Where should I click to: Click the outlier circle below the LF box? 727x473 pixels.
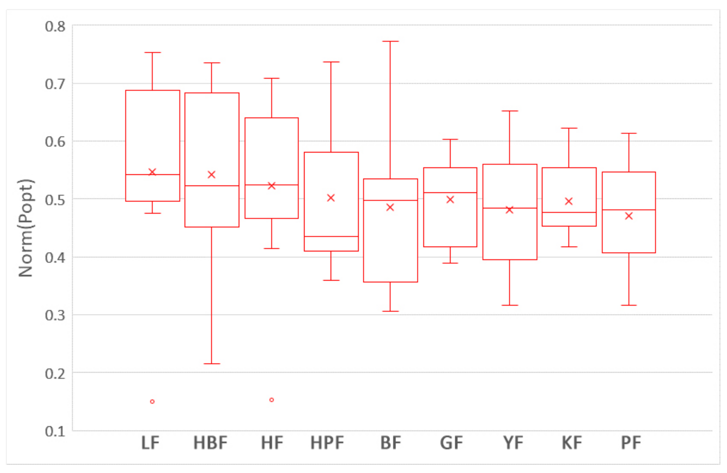(152, 401)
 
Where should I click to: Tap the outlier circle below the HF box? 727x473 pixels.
(272, 400)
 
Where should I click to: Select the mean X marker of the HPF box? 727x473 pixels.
(331, 198)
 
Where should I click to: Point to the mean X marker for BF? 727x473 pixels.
(390, 207)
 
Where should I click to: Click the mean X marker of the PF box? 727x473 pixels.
(629, 216)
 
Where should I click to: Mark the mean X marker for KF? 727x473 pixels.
(569, 201)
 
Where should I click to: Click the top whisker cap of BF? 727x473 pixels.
(390, 41)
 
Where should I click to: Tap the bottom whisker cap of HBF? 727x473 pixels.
(212, 364)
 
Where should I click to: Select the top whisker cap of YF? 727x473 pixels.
(509, 111)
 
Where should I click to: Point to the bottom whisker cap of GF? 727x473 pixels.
(450, 263)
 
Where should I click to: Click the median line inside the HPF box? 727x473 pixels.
(331, 236)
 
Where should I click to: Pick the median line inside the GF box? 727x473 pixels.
(450, 192)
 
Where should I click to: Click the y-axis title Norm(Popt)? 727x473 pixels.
(26, 228)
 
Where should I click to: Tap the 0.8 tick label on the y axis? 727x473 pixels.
(55, 27)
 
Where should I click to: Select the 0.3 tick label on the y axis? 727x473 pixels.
(55, 315)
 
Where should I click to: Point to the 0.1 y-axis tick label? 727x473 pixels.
(55, 431)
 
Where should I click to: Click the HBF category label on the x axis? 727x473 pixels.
(210, 443)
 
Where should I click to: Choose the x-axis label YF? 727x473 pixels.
(513, 443)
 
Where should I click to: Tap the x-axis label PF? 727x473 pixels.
(631, 443)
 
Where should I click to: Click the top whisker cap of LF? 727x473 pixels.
(152, 53)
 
